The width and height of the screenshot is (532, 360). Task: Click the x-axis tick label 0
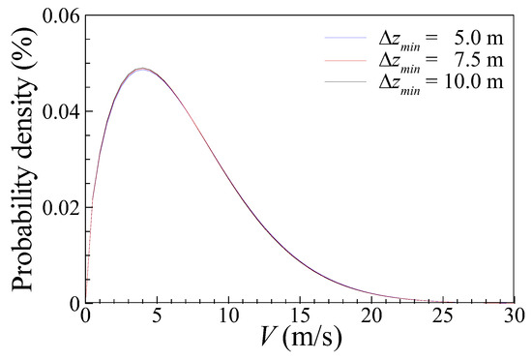pyautogui.click(x=86, y=316)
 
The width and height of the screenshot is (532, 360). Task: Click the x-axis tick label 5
pyautogui.click(x=158, y=316)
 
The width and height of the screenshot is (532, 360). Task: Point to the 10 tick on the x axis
pyautogui.click(x=228, y=316)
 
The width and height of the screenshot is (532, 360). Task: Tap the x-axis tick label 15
pyautogui.click(x=300, y=316)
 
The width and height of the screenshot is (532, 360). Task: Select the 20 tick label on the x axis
pyautogui.click(x=371, y=316)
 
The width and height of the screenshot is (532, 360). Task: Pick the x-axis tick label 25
pyautogui.click(x=442, y=316)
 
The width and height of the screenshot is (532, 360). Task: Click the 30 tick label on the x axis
pyautogui.click(x=513, y=316)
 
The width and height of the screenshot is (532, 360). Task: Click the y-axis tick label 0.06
pyautogui.click(x=57, y=15)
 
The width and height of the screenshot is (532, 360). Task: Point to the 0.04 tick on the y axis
pyautogui.click(x=57, y=110)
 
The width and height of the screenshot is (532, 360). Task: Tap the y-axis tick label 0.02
pyautogui.click(x=57, y=206)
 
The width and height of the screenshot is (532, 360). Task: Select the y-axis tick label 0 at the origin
pyautogui.click(x=73, y=302)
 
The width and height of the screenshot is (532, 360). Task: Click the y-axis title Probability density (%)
pyautogui.click(x=20, y=158)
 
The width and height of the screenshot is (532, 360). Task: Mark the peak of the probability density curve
pyautogui.click(x=142, y=69)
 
